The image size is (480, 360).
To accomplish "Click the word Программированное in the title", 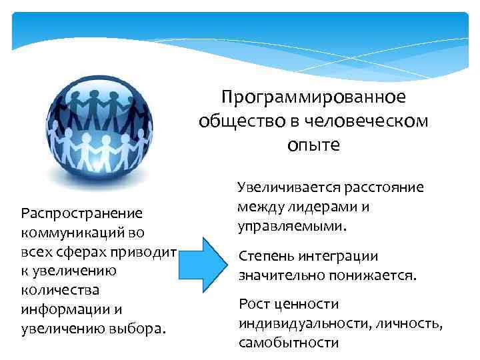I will (313, 98).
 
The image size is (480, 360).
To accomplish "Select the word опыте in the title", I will (313, 145).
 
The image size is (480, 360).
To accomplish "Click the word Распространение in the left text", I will (81, 214).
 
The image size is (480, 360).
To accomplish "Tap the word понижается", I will (373, 275).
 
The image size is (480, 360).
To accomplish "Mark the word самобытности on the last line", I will (289, 343).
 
